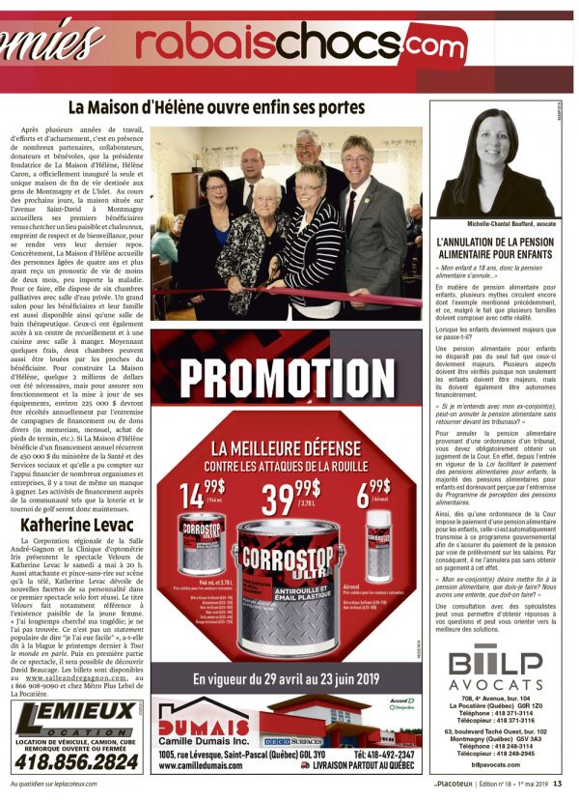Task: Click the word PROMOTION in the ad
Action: [287, 380]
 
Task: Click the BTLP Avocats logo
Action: [495, 673]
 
